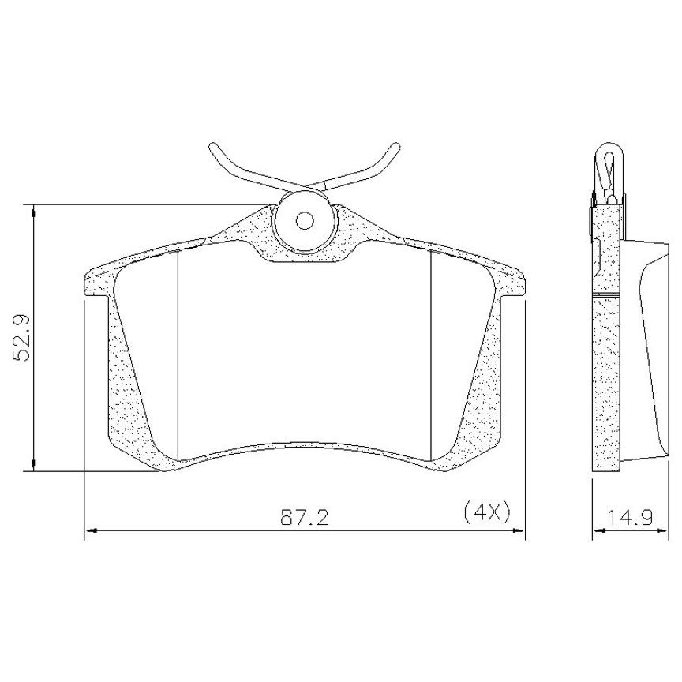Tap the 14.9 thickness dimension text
(x=630, y=518)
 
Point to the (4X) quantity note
(x=487, y=512)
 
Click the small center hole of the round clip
(x=305, y=220)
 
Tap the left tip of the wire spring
(x=212, y=147)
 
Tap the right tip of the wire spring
(x=395, y=146)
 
